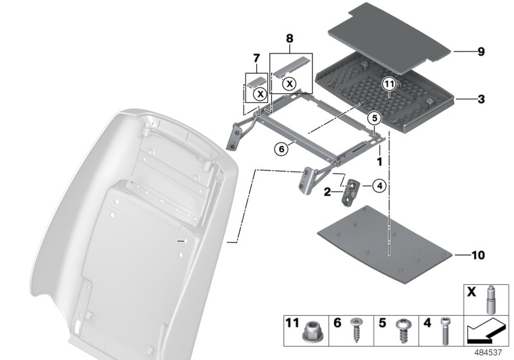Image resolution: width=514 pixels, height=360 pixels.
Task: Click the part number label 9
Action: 481,52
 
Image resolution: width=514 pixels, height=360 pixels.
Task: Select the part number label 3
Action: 481,99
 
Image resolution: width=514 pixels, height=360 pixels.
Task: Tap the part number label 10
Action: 478,255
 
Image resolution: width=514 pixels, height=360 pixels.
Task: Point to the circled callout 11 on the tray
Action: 389,84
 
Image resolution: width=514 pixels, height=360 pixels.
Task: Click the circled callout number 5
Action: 375,118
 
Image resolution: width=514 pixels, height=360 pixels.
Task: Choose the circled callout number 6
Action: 281,149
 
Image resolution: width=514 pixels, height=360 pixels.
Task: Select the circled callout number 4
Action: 380,186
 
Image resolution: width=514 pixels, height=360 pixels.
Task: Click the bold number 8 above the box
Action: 290,39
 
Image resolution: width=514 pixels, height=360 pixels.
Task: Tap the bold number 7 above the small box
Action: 256,59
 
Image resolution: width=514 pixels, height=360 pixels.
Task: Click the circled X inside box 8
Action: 290,84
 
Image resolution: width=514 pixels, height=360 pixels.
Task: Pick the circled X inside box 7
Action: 260,94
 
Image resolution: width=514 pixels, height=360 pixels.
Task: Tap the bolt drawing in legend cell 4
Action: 445,330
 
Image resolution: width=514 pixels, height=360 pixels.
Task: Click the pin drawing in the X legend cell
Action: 490,300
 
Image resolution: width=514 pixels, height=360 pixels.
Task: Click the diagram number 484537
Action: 488,352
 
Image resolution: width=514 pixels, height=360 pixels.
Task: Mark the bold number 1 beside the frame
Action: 380,161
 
